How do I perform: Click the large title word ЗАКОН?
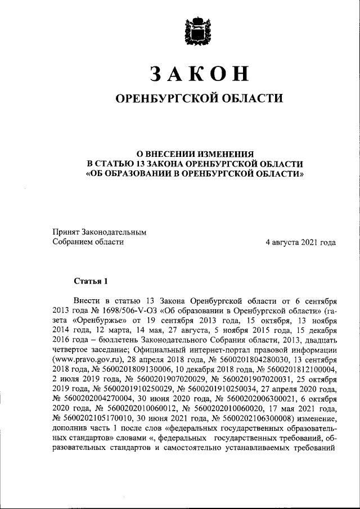click(x=199, y=73)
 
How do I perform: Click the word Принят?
click(x=66, y=232)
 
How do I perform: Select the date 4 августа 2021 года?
click(x=301, y=242)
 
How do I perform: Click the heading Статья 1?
click(x=90, y=281)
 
